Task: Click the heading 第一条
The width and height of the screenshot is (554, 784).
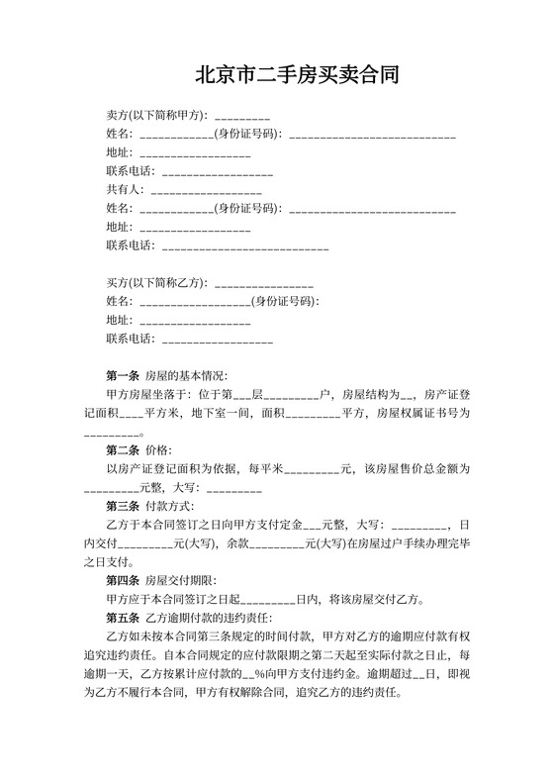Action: (122, 376)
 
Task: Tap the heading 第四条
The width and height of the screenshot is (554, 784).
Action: (122, 580)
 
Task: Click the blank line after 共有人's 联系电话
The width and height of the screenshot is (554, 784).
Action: (244, 246)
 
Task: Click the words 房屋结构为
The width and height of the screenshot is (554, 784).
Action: (380, 394)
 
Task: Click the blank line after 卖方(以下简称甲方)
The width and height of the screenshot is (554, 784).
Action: (241, 117)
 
